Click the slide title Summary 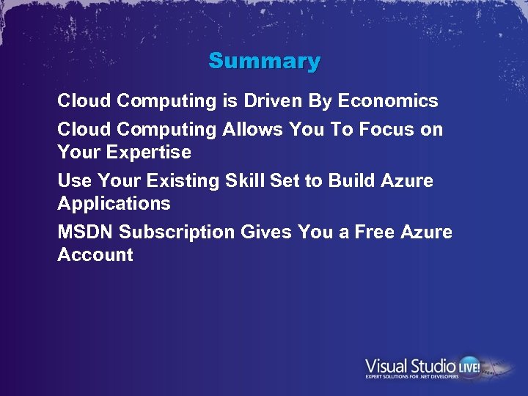[264, 61]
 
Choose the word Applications [114, 203]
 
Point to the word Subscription [176, 232]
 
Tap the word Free [375, 232]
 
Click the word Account [95, 255]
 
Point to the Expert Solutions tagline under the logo [412, 377]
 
